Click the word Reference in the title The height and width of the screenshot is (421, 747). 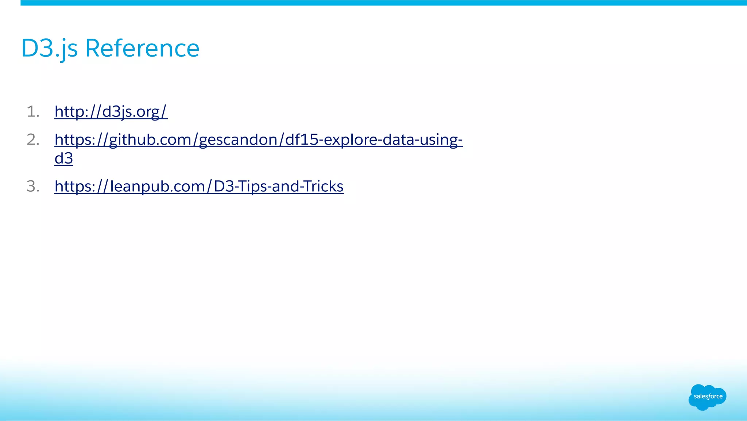tap(142, 48)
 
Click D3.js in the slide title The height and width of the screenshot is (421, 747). tap(50, 48)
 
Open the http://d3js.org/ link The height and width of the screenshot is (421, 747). tap(111, 111)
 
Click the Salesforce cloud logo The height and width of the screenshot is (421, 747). tap(707, 397)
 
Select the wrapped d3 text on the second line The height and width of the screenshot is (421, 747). tap(64, 158)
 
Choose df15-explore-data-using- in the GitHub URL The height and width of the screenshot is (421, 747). tap(374, 140)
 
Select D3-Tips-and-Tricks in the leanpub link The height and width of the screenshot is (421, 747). tap(279, 186)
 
